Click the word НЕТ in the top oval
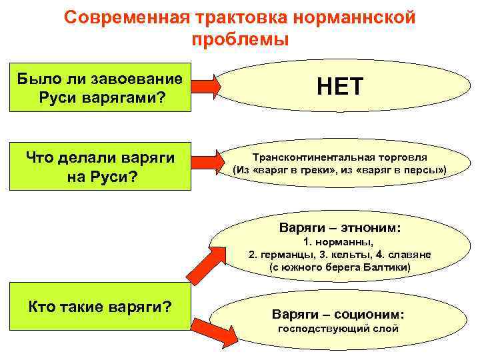339,87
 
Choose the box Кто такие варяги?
101,307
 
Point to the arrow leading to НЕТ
204,87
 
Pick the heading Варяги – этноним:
340,228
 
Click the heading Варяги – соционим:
339,314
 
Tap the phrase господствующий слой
338,329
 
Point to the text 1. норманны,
340,242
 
